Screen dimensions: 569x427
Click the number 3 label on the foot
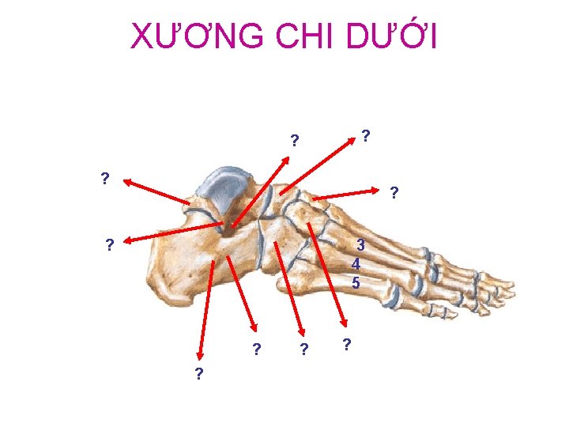tap(359, 245)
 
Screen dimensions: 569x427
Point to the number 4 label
tap(356, 264)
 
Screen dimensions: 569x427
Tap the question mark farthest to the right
tap(394, 193)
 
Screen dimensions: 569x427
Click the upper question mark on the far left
tap(105, 178)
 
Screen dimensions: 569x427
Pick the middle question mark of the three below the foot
tap(303, 350)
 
